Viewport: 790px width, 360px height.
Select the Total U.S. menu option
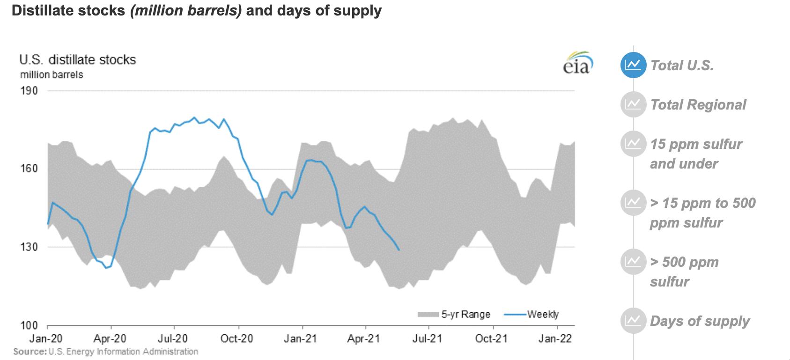(x=682, y=65)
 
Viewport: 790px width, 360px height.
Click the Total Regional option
(x=698, y=104)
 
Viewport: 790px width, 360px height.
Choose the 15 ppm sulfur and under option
(x=695, y=154)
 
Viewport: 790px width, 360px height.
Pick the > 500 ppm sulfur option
(x=684, y=272)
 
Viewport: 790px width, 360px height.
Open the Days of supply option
(x=700, y=321)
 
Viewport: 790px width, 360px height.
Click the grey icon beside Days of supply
(x=633, y=321)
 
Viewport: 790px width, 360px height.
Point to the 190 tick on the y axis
(x=29, y=90)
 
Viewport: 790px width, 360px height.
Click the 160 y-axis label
(x=29, y=169)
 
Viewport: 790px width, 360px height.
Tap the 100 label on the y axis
(x=29, y=325)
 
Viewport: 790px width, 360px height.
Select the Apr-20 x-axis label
(x=111, y=338)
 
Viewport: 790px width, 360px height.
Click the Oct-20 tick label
(x=236, y=338)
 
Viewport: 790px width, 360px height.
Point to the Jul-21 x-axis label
(x=427, y=338)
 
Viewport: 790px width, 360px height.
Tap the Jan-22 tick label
(x=555, y=338)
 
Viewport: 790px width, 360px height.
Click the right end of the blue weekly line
(x=399, y=250)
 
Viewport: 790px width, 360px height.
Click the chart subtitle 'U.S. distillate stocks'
(x=78, y=60)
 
